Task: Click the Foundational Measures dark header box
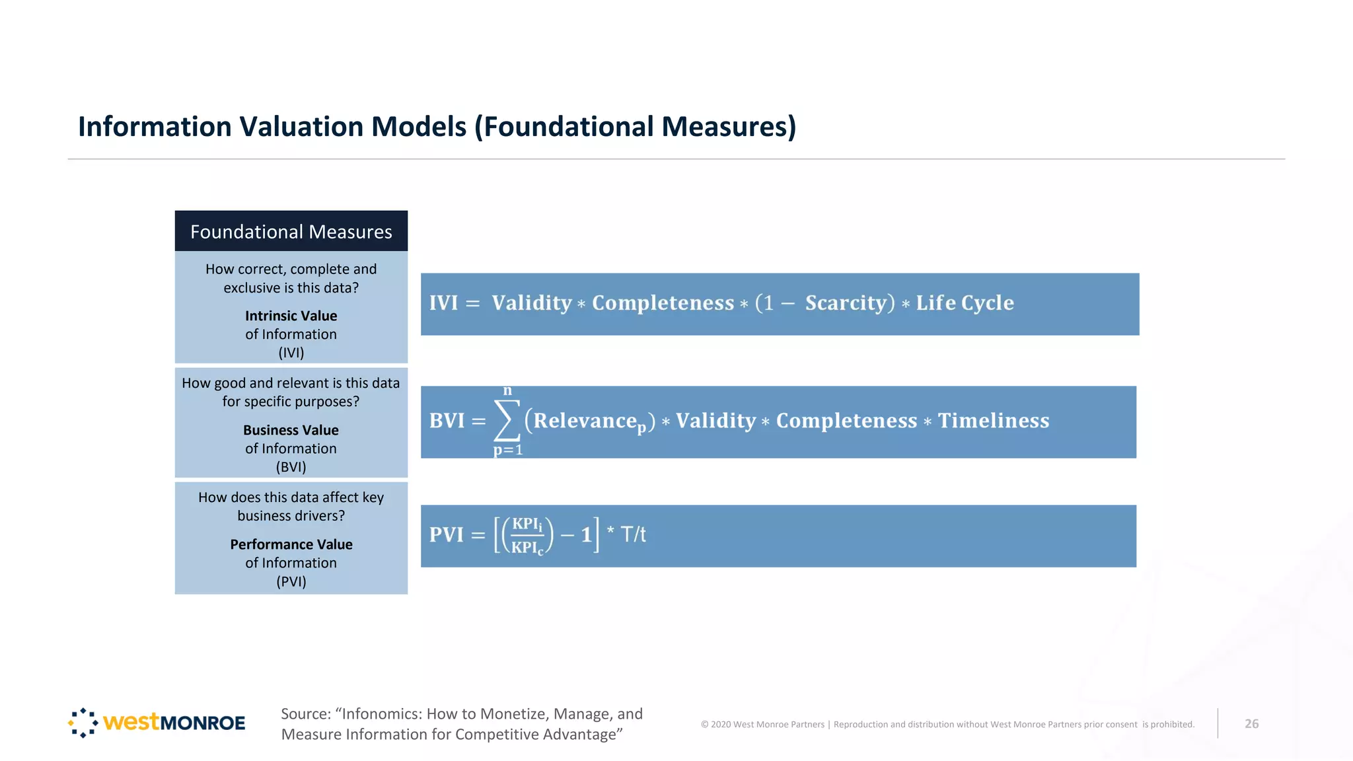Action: coord(291,231)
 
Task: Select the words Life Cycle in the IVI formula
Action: coord(965,303)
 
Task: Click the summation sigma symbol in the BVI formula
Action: coord(507,421)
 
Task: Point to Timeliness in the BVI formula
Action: coord(993,421)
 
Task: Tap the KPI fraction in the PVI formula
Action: coord(527,535)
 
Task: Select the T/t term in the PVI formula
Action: coord(633,534)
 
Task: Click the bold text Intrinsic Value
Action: coord(291,316)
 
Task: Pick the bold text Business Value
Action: coord(291,430)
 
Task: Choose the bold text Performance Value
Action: coord(291,544)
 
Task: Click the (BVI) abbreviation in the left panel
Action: coord(291,467)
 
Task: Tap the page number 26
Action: coord(1251,724)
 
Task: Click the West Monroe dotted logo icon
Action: coord(83,723)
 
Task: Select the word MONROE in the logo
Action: coord(202,723)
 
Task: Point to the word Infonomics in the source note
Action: coord(377,714)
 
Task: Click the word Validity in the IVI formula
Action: coord(531,303)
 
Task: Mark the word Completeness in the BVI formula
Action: coord(846,421)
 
